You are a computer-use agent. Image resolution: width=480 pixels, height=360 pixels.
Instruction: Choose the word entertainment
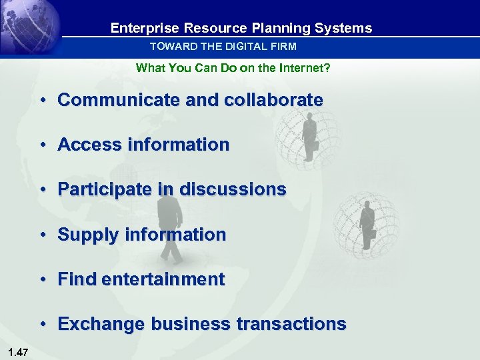click(163, 279)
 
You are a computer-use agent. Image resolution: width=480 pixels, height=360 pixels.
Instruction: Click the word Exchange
click(101, 324)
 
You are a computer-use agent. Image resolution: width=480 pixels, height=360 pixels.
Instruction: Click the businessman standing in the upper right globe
click(309, 137)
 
